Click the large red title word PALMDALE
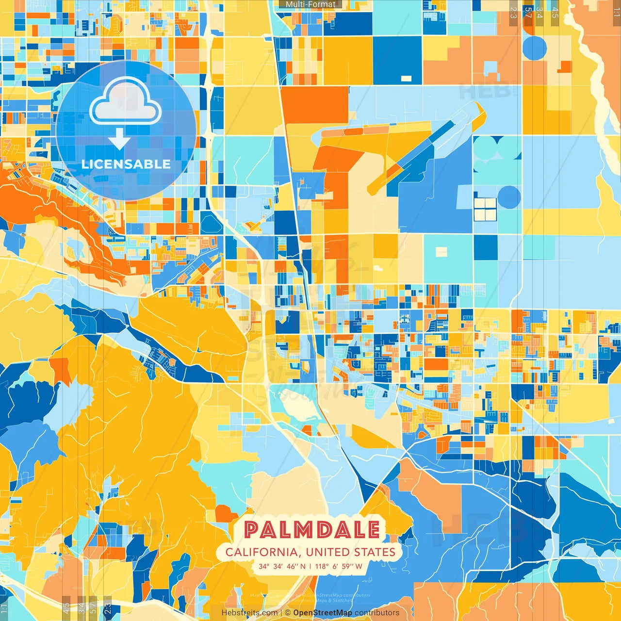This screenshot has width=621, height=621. pos(311,530)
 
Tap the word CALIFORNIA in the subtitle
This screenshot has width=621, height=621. pos(261,552)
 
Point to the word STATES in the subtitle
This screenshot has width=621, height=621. pos(375,552)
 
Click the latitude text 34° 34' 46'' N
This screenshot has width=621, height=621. pos(282,566)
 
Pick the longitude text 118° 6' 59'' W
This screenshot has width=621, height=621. pos(339,566)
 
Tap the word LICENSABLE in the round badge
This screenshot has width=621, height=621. pos(126,164)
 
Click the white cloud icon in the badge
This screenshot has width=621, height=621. pos(126,101)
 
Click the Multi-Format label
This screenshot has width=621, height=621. pos(310,4)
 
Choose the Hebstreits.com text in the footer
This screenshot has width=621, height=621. pos(249,613)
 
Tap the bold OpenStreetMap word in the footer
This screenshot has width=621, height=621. pos(323,613)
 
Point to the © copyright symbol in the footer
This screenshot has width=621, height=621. pos(288,613)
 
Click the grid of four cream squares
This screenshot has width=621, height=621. pos(485,209)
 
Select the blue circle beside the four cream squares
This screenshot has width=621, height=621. pos(509,197)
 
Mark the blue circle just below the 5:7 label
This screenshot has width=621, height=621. pos(535,48)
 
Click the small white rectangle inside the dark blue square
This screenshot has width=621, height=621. pos(406,78)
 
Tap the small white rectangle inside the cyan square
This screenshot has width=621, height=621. pos(441,252)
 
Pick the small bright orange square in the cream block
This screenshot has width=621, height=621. pos(564,66)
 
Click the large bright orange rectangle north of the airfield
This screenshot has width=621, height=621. pos(314,104)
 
